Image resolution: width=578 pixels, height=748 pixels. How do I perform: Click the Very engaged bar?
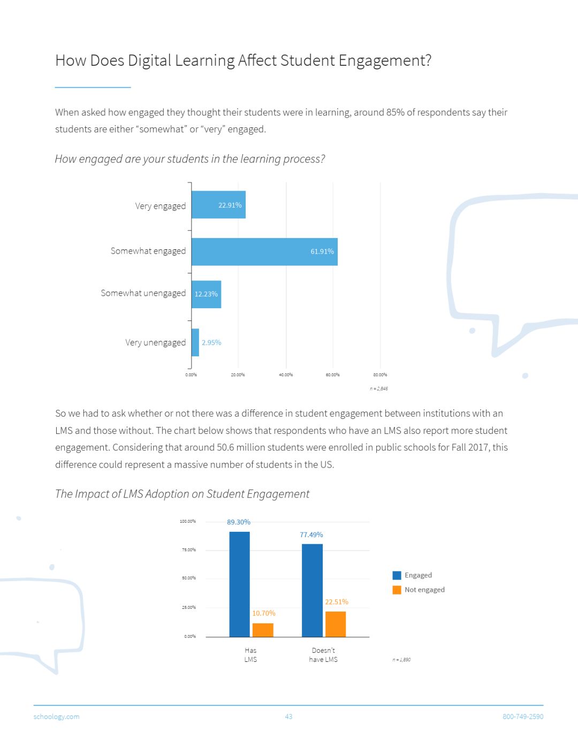point(218,205)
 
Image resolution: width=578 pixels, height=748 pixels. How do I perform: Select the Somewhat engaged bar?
point(264,251)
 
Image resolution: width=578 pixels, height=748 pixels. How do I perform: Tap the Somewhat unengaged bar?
point(206,294)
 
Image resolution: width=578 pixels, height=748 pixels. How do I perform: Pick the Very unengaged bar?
point(195,342)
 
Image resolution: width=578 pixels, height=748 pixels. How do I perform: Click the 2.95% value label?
point(211,342)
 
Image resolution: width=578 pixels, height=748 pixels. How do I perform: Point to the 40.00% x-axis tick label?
point(286,375)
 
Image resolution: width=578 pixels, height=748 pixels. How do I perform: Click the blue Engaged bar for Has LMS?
point(239,584)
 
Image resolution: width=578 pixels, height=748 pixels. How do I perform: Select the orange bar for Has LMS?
point(263,630)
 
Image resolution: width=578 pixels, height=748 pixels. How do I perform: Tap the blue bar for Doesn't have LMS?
point(312,590)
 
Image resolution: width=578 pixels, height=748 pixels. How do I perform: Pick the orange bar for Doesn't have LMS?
point(336,624)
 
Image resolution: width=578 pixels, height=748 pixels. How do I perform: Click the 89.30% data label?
point(239,522)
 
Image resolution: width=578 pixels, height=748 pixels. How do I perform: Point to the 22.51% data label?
point(337,602)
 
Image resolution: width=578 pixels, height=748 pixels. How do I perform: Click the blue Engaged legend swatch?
point(397,575)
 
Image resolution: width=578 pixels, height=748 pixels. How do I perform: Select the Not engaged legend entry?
point(424,590)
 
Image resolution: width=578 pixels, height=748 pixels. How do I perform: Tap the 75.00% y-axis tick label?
point(189,549)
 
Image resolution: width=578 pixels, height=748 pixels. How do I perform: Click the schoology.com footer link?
point(56,716)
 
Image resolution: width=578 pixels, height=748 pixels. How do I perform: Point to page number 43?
point(288,716)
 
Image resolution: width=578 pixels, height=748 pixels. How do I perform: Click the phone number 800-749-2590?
point(522,716)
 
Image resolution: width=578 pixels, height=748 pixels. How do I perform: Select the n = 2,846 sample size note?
point(379,388)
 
